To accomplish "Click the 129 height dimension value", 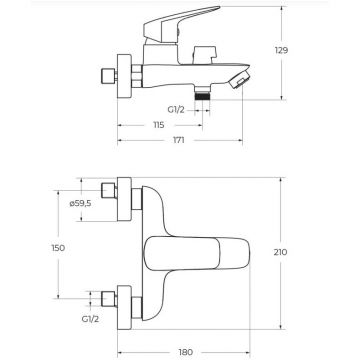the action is click(281, 50).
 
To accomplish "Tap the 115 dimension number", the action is click(159, 125).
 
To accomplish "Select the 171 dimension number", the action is click(178, 140).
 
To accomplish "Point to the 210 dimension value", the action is click(280, 252).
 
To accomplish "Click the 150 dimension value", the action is click(58, 248).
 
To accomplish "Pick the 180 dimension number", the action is click(186, 352).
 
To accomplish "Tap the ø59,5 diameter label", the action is click(80, 204).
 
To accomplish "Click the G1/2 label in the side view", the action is click(176, 110).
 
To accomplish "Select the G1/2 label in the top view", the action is click(90, 319).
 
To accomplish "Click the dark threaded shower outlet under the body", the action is click(203, 97).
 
